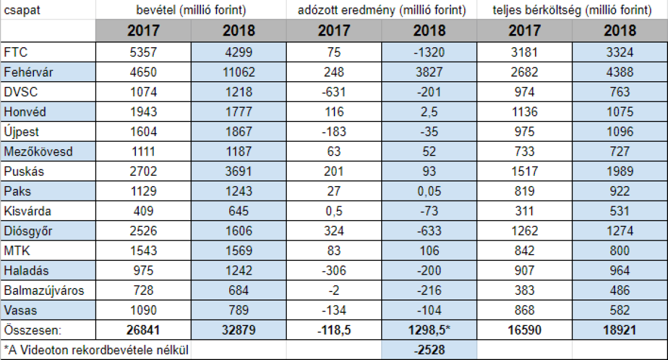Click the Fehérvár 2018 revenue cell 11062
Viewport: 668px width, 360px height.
coord(238,72)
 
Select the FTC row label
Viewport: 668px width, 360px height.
coord(16,52)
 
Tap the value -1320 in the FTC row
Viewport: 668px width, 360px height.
coord(429,52)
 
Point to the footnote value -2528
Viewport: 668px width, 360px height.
coord(429,350)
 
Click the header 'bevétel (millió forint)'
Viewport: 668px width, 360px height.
coord(191,10)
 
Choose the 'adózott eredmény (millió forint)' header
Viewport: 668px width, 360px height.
coord(382,10)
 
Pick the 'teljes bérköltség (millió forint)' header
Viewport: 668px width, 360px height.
coord(572,10)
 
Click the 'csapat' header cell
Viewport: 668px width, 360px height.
coord(22,10)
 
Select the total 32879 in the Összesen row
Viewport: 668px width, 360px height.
coord(238,330)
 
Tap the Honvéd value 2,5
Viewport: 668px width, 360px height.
coord(429,112)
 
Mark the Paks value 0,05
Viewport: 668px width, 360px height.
coord(429,191)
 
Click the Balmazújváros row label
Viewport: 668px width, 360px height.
coord(44,290)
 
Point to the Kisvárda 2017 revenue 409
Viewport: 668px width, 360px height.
coord(143,211)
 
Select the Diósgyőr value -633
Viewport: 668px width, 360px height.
coord(429,231)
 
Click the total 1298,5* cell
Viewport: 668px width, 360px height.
coord(429,330)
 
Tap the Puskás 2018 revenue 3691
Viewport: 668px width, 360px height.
coord(238,171)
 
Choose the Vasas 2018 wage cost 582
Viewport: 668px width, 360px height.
coord(620,310)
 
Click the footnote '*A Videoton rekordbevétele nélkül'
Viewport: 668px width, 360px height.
coord(96,350)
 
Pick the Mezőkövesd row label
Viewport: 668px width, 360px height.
coord(39,151)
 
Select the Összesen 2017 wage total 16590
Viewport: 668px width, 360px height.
coord(525,330)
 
